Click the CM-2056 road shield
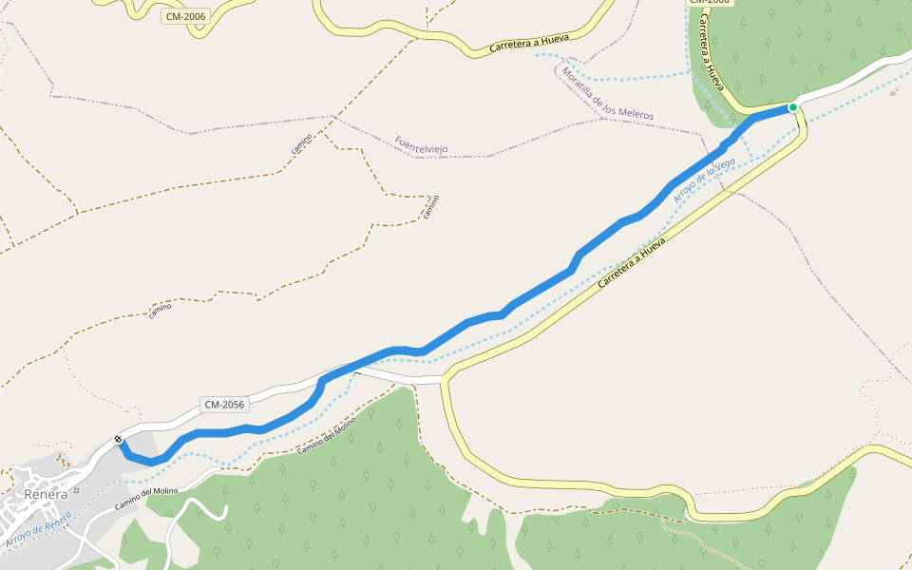click(224, 405)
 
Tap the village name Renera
click(47, 494)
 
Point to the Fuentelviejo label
click(421, 144)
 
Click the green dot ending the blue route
click(792, 107)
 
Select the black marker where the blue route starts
click(119, 439)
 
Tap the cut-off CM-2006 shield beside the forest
click(709, 3)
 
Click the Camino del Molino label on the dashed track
click(327, 435)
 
